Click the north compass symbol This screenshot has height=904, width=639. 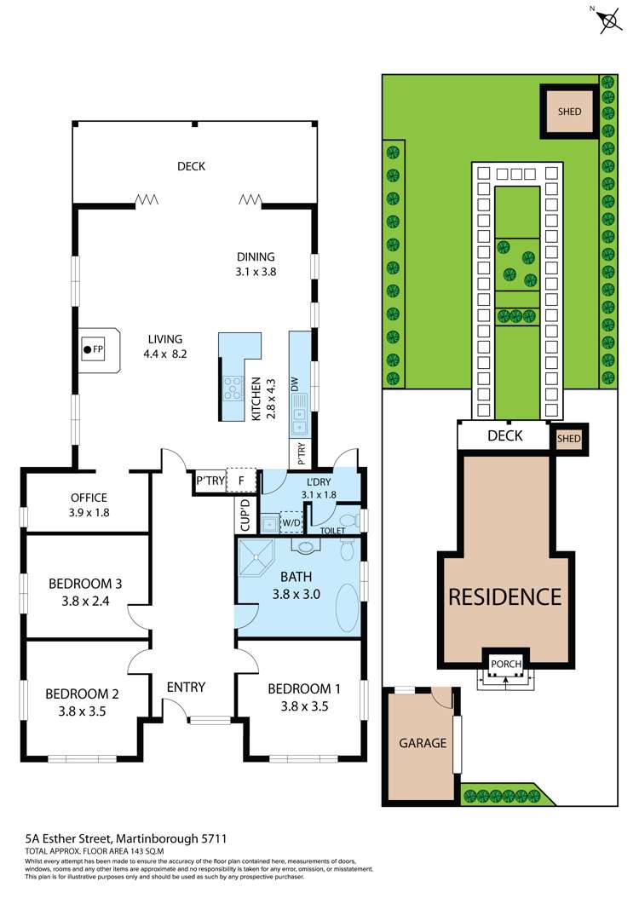[609, 20]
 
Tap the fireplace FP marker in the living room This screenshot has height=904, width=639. [93, 349]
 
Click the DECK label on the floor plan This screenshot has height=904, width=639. [192, 166]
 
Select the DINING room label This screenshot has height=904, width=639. [256, 256]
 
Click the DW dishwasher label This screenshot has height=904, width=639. [294, 385]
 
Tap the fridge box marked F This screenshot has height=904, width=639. [241, 481]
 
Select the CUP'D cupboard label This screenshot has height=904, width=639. [242, 515]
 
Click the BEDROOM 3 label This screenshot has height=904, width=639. [85, 584]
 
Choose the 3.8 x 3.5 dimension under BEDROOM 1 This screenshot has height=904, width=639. [297, 705]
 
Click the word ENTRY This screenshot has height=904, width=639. [186, 687]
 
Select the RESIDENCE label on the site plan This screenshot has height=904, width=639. [505, 596]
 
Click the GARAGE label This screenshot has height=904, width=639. [423, 743]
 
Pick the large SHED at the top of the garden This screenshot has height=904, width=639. [569, 112]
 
